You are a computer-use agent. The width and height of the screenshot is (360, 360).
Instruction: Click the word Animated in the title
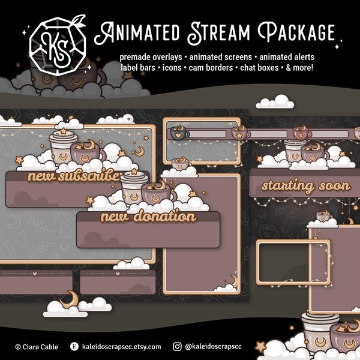coord(137,32)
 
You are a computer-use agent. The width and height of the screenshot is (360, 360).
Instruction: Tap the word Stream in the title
coord(218,33)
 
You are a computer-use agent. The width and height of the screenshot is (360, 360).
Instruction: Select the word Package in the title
coord(296,32)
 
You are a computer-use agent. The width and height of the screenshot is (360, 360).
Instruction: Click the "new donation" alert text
coord(148,217)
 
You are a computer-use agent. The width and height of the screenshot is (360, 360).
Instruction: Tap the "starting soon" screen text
coord(306,186)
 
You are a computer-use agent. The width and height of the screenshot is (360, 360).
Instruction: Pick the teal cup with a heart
coord(179,133)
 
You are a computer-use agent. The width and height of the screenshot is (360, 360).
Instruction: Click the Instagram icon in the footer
coord(177,346)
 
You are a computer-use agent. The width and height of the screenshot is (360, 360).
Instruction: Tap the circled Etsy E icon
coord(74,346)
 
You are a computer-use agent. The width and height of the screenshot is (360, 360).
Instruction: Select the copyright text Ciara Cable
coord(37,347)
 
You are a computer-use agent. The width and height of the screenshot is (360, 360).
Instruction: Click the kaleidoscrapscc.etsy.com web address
coord(121,346)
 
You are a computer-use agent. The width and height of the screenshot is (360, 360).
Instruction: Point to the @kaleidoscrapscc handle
coord(213,346)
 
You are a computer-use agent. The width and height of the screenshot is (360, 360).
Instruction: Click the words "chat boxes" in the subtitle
coord(259,68)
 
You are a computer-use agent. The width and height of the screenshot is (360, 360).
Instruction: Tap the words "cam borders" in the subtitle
coord(211,68)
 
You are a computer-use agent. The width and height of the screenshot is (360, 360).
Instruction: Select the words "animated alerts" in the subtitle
coord(287,57)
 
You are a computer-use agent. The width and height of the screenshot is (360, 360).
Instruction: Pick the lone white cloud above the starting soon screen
coord(275,101)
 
